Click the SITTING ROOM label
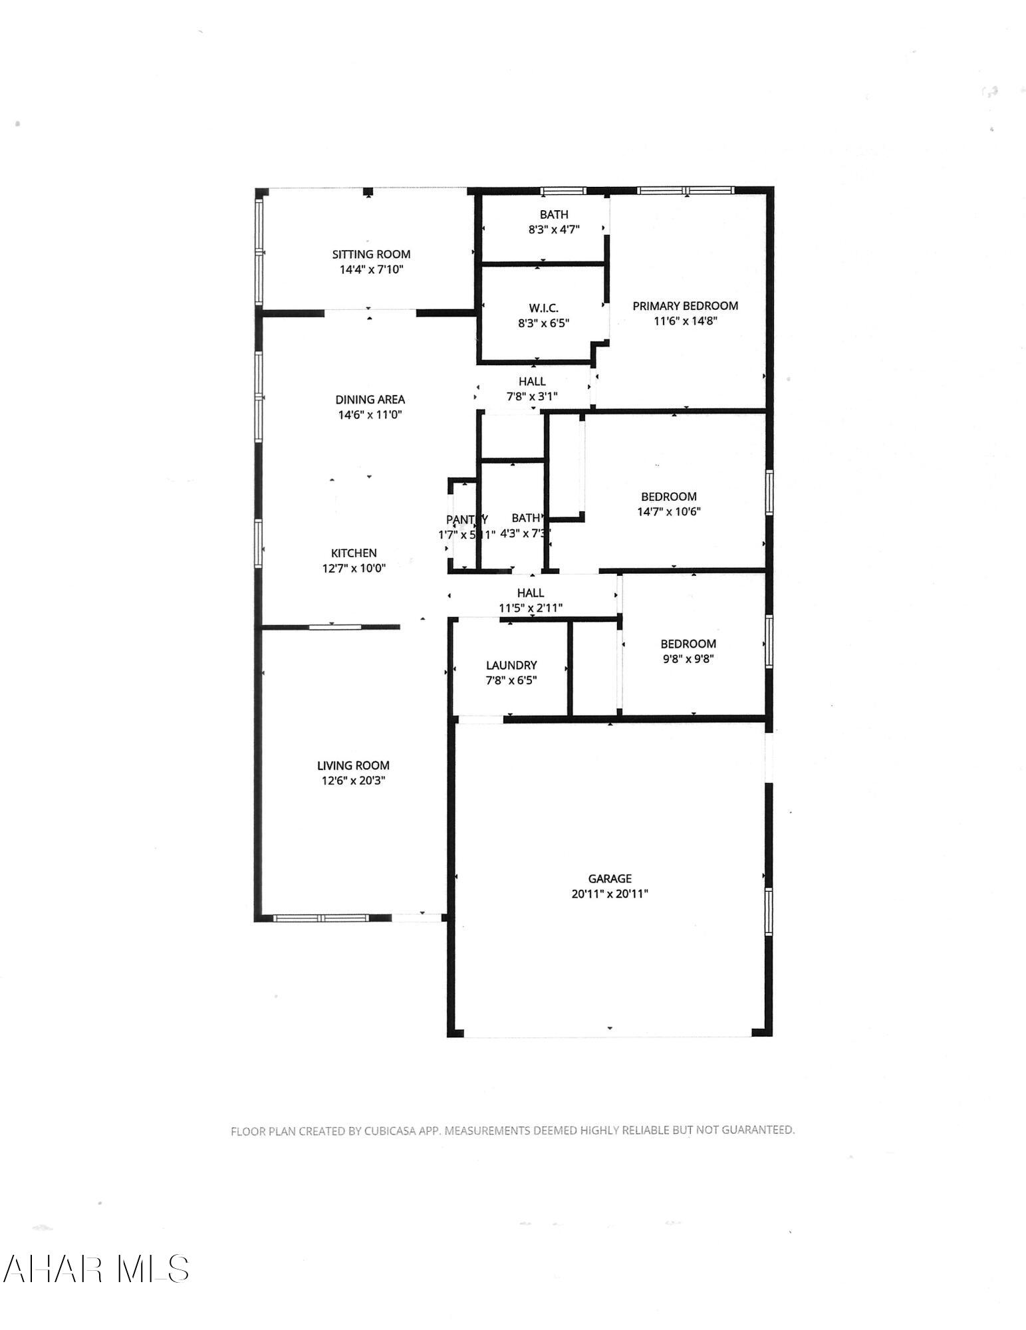(x=371, y=254)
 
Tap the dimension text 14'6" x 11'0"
(x=370, y=415)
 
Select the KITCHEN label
(x=354, y=553)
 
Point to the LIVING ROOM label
(x=353, y=765)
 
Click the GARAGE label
(x=609, y=878)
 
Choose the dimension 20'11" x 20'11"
(x=609, y=894)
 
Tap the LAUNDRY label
(x=511, y=665)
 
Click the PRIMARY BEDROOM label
(x=685, y=306)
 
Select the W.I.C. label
(x=543, y=308)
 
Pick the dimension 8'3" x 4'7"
(x=554, y=229)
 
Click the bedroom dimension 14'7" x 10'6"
(x=668, y=511)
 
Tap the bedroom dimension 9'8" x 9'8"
(x=688, y=659)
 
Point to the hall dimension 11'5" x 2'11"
(x=531, y=608)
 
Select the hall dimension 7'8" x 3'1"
(x=531, y=396)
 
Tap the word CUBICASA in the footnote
(x=390, y=1130)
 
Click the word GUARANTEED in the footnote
(x=757, y=1129)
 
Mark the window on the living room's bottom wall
(x=321, y=918)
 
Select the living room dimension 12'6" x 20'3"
(x=353, y=781)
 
